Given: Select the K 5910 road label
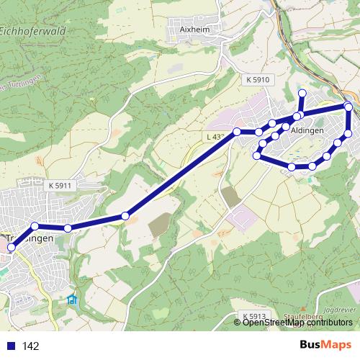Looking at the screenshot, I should (256, 79).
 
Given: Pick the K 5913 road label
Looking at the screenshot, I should (255, 316).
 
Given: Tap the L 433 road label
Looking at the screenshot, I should (213, 135).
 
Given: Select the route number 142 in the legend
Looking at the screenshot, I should (31, 346).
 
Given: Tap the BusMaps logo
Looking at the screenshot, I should (326, 346).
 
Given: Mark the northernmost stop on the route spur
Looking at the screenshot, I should (302, 93).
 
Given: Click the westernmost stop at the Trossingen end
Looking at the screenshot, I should (11, 248).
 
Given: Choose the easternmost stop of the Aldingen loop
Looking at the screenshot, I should (349, 107).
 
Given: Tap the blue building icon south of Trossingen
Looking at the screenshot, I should (72, 300).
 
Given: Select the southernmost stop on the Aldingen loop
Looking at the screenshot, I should (292, 167).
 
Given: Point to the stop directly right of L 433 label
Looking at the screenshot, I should (236, 132).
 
